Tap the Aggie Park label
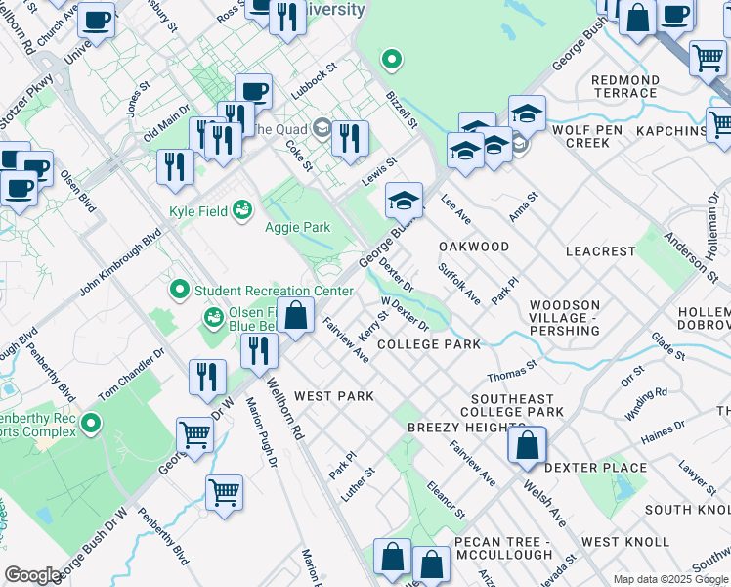coord(297,228)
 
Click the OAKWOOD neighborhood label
coord(473,247)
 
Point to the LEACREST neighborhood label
coord(600,251)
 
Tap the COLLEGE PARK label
coord(428,344)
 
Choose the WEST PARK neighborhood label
coord(334,396)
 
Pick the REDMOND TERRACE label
coord(624,86)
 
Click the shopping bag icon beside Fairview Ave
coord(296,316)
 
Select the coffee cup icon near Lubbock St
coord(254,92)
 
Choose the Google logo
coord(33,575)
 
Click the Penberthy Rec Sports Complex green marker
coord(91,424)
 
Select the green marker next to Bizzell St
coord(392,61)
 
